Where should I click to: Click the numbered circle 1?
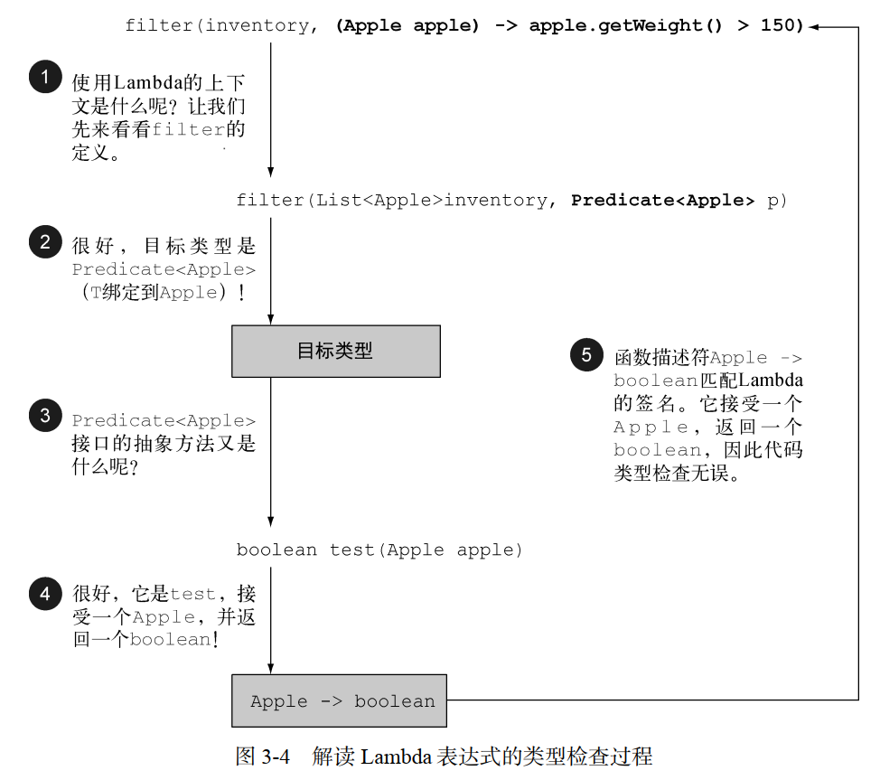click(44, 77)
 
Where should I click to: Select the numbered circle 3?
click(44, 415)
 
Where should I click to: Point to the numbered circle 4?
click(44, 594)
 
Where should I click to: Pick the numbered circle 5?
click(586, 355)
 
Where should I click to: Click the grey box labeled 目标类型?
click(336, 352)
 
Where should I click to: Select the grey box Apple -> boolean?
click(340, 700)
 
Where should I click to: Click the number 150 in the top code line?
click(782, 26)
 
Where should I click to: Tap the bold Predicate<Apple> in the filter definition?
click(662, 201)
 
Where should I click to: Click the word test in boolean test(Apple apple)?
click(353, 550)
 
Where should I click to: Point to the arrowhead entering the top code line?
click(813, 27)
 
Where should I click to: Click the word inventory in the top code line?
click(257, 26)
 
